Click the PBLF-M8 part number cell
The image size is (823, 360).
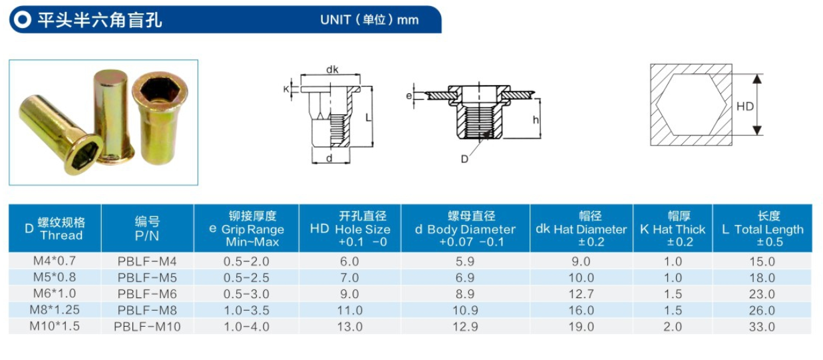tap(147, 310)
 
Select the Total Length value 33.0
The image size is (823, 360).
tap(762, 327)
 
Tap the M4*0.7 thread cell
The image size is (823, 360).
tap(55, 261)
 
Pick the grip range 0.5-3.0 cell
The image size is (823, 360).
tap(246, 294)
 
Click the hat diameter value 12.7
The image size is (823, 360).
tap(581, 294)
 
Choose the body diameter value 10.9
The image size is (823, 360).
tap(465, 310)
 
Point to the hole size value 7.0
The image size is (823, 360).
tap(349, 277)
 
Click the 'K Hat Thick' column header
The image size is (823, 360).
tap(673, 228)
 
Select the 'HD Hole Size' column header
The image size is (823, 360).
tap(350, 228)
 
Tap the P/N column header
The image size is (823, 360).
tap(147, 228)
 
